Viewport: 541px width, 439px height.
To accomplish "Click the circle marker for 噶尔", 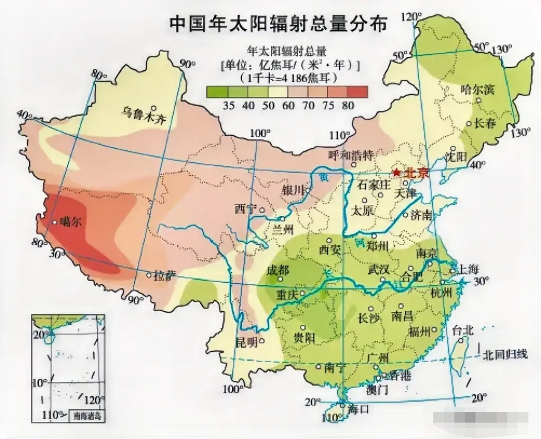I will tap(54, 222).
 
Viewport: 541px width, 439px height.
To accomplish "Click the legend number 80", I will tap(348, 105).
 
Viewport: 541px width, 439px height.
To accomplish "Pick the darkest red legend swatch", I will tap(358, 92).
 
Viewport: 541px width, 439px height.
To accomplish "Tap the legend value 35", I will tap(228, 105).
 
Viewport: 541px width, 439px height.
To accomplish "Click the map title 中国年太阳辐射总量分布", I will tap(278, 24).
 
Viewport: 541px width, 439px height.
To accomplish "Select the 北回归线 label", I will tap(505, 355).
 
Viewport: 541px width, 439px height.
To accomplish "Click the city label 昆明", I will tap(247, 342).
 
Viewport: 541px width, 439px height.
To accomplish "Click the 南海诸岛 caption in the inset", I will tap(87, 416).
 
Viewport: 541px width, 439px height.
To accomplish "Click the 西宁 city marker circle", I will tap(262, 210).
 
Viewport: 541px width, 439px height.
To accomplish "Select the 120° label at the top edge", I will tap(411, 16).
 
